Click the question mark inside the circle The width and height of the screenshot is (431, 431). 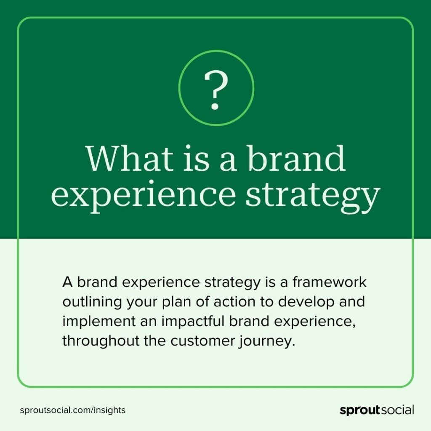point(216,90)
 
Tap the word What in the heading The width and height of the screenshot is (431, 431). point(130,158)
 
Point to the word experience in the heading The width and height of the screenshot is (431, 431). point(143,196)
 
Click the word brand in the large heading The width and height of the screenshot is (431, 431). point(295,158)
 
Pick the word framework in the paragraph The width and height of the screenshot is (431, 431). point(329,282)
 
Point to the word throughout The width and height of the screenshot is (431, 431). point(101,341)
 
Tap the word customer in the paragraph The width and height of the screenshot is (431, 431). point(202,341)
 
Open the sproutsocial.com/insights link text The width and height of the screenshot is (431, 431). point(72,410)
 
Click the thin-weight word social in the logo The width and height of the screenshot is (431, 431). point(397,410)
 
